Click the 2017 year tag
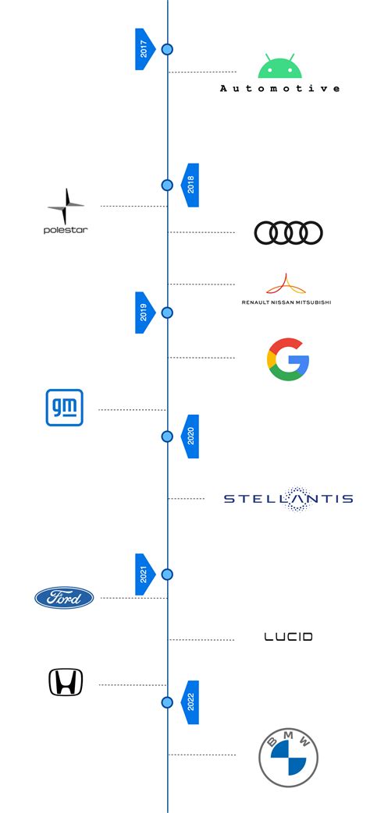pyautogui.click(x=144, y=49)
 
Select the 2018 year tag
pyautogui.click(x=190, y=185)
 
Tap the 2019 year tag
pyautogui.click(x=144, y=313)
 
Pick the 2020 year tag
pyautogui.click(x=190, y=437)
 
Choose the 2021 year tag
pyautogui.click(x=144, y=574)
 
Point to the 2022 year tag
pyautogui.click(x=190, y=702)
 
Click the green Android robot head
pyautogui.click(x=279, y=67)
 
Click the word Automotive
pyautogui.click(x=279, y=89)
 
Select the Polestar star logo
pyautogui.click(x=66, y=207)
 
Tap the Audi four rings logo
pyautogui.click(x=288, y=232)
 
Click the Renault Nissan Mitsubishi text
pyautogui.click(x=286, y=302)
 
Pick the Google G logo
pyautogui.click(x=288, y=359)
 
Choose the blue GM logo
pyautogui.click(x=64, y=408)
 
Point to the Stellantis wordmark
pyautogui.click(x=288, y=499)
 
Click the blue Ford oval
pyautogui.click(x=64, y=598)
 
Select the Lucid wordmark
pyautogui.click(x=288, y=637)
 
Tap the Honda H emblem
pyautogui.click(x=66, y=683)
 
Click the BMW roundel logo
pyautogui.click(x=289, y=757)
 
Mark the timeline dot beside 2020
pyautogui.click(x=167, y=437)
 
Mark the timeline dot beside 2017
pyautogui.click(x=167, y=49)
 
